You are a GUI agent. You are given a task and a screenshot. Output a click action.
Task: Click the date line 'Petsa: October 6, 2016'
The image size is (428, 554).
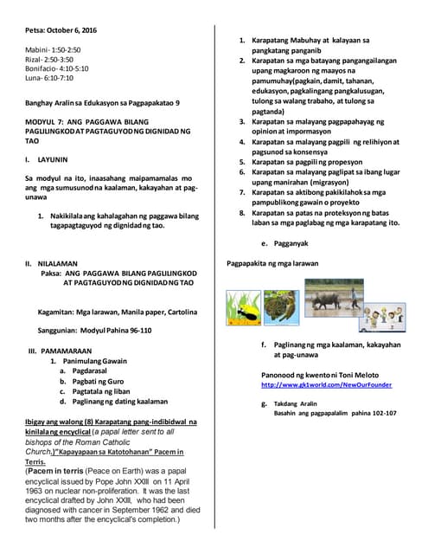click(x=61, y=30)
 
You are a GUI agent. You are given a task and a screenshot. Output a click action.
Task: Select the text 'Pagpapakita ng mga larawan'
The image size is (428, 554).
click(x=272, y=263)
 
